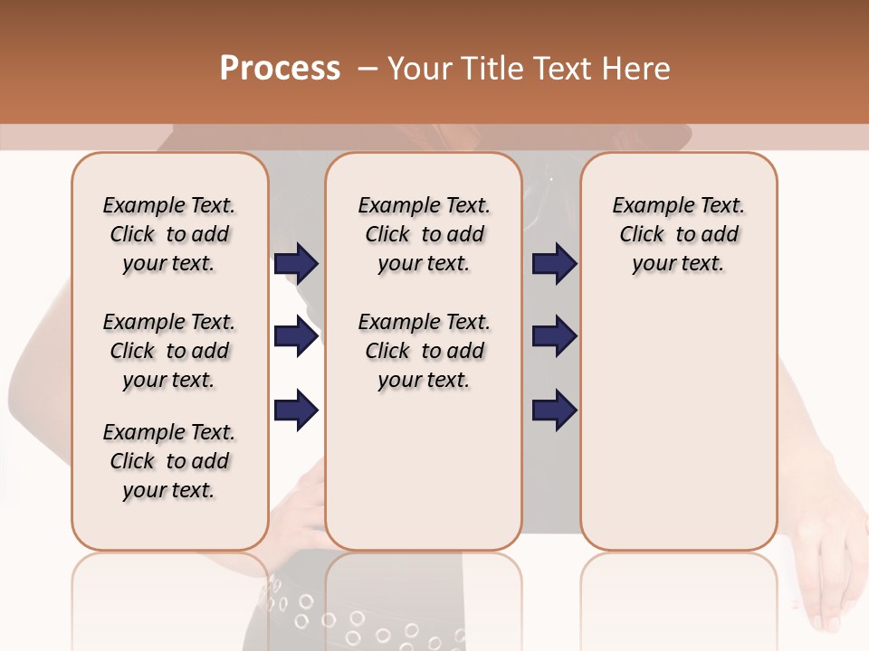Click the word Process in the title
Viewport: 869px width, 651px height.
pyautogui.click(x=280, y=69)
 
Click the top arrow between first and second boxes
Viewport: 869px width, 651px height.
pyautogui.click(x=296, y=264)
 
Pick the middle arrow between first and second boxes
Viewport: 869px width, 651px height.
pyautogui.click(x=296, y=337)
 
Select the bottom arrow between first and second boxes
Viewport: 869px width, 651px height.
pyautogui.click(x=296, y=410)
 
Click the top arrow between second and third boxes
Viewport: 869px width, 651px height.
pyautogui.click(x=554, y=264)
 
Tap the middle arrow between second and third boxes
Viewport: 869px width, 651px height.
pyautogui.click(x=554, y=337)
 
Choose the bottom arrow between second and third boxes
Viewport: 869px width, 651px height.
pyautogui.click(x=554, y=410)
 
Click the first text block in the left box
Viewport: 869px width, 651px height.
pyautogui.click(x=169, y=234)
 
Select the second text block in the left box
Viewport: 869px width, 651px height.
pyautogui.click(x=169, y=351)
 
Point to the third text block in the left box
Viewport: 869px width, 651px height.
pyautogui.click(x=169, y=461)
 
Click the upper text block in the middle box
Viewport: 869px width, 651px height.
pyautogui.click(x=424, y=234)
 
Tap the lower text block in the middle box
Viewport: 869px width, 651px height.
pyautogui.click(x=424, y=351)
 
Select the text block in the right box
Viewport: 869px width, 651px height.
pyautogui.click(x=678, y=234)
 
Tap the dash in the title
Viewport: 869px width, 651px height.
pyautogui.click(x=368, y=69)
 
